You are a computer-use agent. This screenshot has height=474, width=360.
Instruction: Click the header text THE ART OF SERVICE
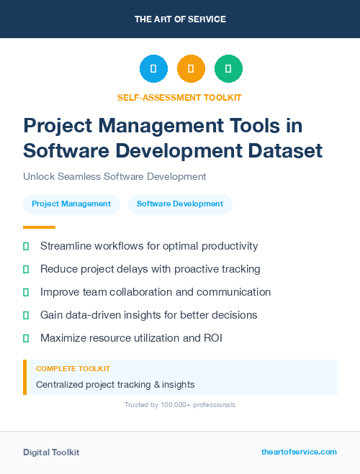[179, 19]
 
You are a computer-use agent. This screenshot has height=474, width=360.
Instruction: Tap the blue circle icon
[153, 68]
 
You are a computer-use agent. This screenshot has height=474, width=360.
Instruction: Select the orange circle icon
[191, 68]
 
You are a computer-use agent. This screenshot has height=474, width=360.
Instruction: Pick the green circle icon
[228, 68]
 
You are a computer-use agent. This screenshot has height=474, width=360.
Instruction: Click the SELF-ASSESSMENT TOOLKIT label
[179, 97]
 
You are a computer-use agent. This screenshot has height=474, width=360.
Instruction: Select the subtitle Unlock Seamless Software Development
[114, 176]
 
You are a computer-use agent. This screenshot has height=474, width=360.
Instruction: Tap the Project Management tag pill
[71, 204]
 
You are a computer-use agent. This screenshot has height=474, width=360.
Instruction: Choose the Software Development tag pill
[180, 204]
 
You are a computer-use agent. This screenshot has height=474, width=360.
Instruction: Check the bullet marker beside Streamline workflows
[26, 246]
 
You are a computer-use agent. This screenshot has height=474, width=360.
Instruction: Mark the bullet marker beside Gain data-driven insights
[26, 315]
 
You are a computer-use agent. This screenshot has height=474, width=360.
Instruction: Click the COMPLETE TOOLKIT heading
[73, 369]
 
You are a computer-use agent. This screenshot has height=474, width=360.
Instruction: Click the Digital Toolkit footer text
[51, 452]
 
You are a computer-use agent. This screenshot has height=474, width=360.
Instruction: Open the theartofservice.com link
[299, 452]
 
